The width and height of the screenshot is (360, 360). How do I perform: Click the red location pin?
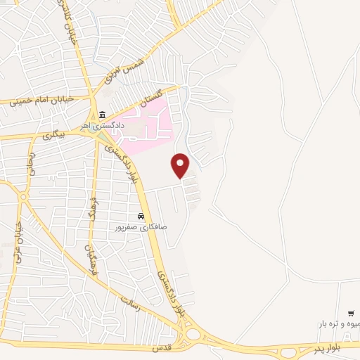(181, 165)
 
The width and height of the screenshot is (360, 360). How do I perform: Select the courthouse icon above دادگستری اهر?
(103, 115)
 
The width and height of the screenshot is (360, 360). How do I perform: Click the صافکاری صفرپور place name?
(141, 227)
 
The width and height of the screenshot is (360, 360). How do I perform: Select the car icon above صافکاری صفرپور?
(141, 216)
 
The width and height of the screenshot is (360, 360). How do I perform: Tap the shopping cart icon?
(351, 313)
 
